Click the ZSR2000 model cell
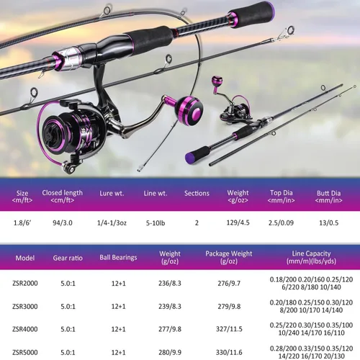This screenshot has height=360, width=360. pos(25,283)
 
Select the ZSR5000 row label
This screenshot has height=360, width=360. pos(25,352)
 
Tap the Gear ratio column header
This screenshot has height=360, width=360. pos(68,258)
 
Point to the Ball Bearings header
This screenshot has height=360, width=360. pos(118,258)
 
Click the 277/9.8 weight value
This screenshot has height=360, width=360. pos(170,329)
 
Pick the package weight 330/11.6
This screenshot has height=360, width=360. pos(229,352)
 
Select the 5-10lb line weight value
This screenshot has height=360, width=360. pos(156,223)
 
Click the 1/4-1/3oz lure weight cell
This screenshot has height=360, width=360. pos(112,223)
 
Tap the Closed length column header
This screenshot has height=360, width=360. pos(62,197)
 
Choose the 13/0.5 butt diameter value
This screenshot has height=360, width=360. pos(329,223)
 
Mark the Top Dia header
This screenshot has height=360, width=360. pos(281,197)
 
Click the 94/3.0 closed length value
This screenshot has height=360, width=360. pos(63,223)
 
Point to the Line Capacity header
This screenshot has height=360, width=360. pos(311,257)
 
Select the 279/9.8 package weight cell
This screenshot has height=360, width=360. pos(229,306)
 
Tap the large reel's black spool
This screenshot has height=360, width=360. pos(57,134)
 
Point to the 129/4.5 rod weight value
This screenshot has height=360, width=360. pos(238,222)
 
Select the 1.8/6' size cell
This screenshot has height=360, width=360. pos(22,223)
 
